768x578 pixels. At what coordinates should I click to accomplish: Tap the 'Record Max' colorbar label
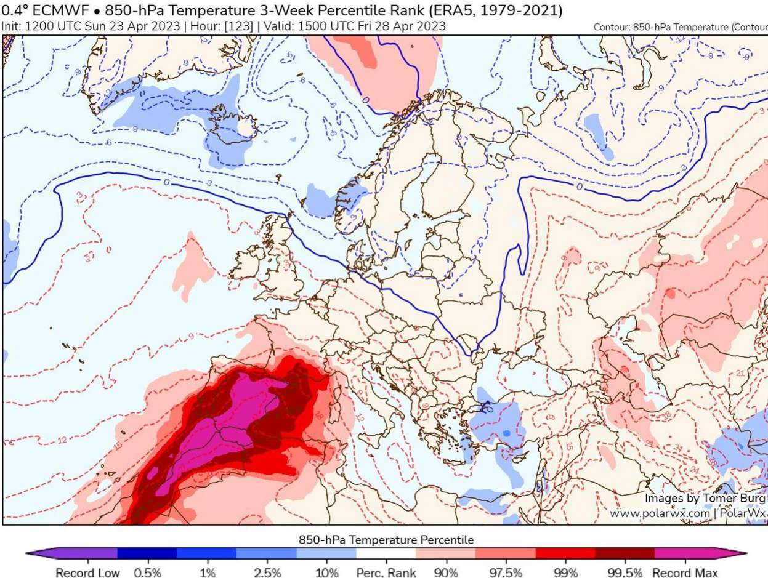(x=684, y=572)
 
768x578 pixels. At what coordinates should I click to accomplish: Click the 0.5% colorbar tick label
(x=147, y=572)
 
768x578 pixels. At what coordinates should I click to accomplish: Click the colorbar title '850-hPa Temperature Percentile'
(x=386, y=540)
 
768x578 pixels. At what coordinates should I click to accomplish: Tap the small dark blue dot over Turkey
(x=506, y=433)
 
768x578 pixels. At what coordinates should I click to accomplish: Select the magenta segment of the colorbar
(x=684, y=553)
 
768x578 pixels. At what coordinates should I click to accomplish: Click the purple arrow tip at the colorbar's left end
(x=32, y=553)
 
